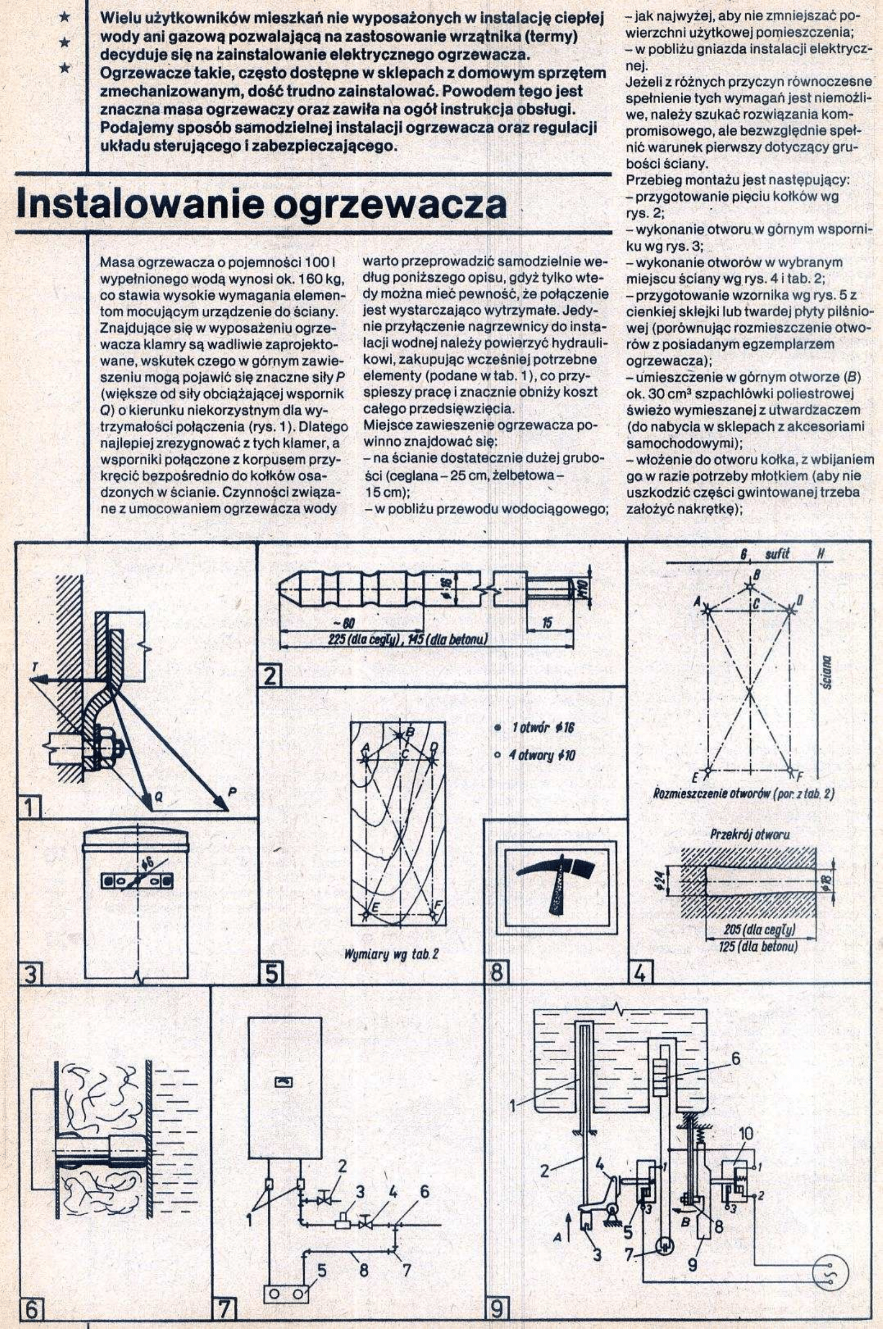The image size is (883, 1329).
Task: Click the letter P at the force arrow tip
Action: (233, 792)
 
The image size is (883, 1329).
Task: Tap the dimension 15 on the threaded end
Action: (547, 623)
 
